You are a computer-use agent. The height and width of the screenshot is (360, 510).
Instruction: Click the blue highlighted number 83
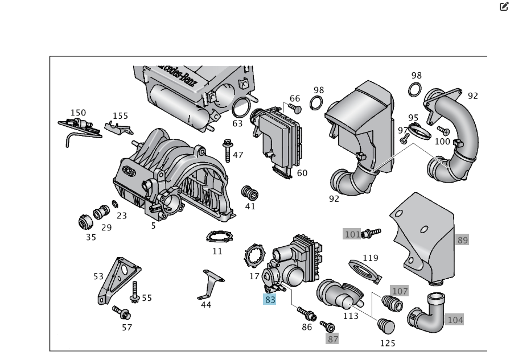coord(269,299)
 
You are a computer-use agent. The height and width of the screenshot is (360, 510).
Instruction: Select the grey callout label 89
coord(462,240)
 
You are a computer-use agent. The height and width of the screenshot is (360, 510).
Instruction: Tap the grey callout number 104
coord(455,320)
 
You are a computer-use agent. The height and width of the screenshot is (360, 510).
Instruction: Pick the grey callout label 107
coord(400,291)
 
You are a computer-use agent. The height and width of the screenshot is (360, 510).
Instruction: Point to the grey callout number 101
coord(352,234)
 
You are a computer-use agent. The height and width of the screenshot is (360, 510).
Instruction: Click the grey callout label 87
coord(332,339)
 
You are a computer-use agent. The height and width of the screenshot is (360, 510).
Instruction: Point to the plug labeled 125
coord(386,326)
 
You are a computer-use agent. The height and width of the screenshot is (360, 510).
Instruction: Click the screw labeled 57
coord(122,312)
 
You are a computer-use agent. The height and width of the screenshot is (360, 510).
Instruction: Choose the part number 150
coord(78,113)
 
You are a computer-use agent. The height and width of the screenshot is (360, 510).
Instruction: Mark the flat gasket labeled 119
coord(363,270)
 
